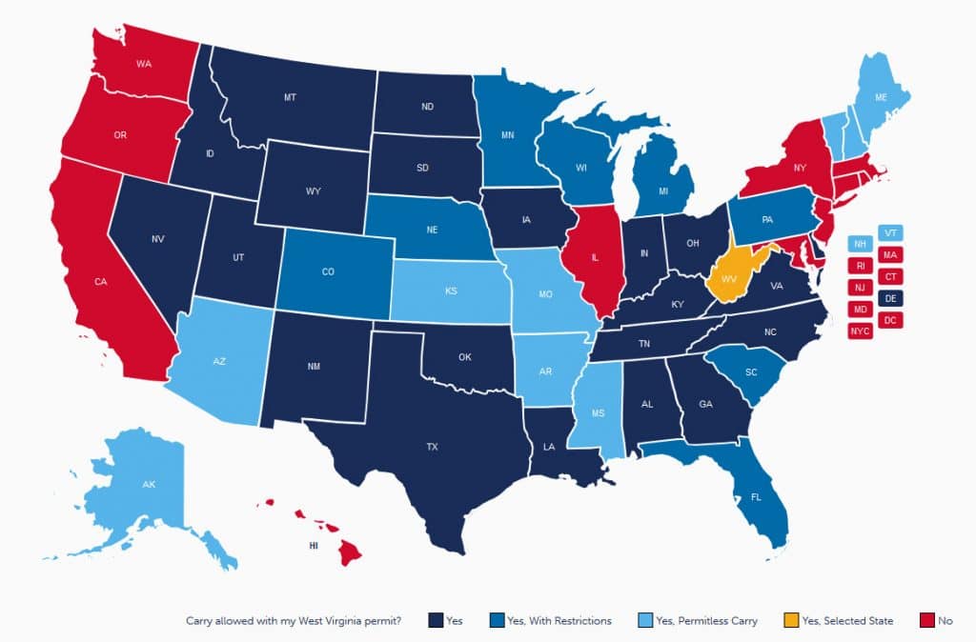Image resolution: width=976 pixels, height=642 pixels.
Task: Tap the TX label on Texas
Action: pyautogui.click(x=433, y=444)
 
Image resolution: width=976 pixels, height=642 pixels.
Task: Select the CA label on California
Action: pyautogui.click(x=99, y=282)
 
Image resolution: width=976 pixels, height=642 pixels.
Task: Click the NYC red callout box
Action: pyautogui.click(x=860, y=331)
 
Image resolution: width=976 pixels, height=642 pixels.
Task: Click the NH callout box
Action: pyautogui.click(x=860, y=243)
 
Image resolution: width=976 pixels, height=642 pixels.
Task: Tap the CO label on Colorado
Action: pyautogui.click(x=328, y=272)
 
